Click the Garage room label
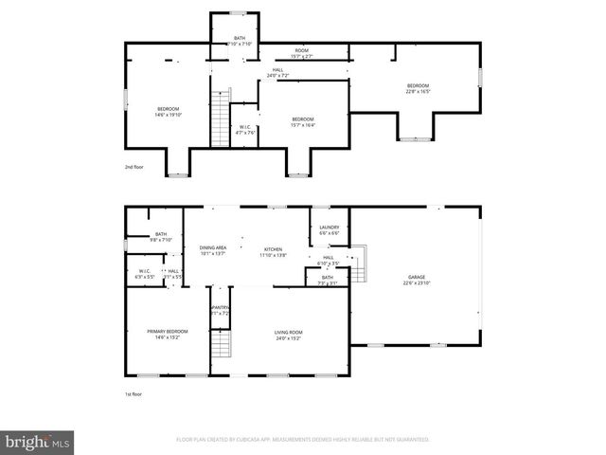pyautogui.click(x=418, y=280)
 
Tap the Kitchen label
pyautogui.click(x=273, y=251)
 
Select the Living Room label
pyautogui.click(x=289, y=334)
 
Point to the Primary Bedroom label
pyautogui.click(x=167, y=334)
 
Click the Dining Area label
pyautogui.click(x=213, y=250)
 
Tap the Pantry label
pyautogui.click(x=220, y=310)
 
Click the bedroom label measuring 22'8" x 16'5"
pyautogui.click(x=418, y=89)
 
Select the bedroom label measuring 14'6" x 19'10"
pyautogui.click(x=168, y=112)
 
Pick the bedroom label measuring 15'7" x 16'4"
pyautogui.click(x=302, y=121)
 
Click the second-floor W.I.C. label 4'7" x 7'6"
pyautogui.click(x=245, y=130)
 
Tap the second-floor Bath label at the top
pyautogui.click(x=234, y=41)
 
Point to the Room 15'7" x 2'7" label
pyautogui.click(x=302, y=53)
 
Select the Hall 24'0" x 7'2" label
pyautogui.click(x=278, y=72)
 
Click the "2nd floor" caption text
pyautogui.click(x=135, y=166)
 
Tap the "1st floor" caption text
pyautogui.click(x=135, y=393)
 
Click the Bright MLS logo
pyautogui.click(x=38, y=443)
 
